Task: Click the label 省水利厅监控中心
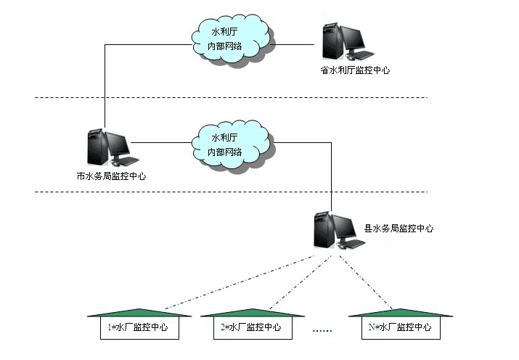tap(355, 70)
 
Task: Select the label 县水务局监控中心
tap(399, 227)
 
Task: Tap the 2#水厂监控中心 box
tap(250, 327)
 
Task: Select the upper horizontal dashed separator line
tap(232, 97)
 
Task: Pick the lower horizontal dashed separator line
tap(232, 192)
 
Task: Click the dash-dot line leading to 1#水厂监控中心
tap(232, 280)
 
